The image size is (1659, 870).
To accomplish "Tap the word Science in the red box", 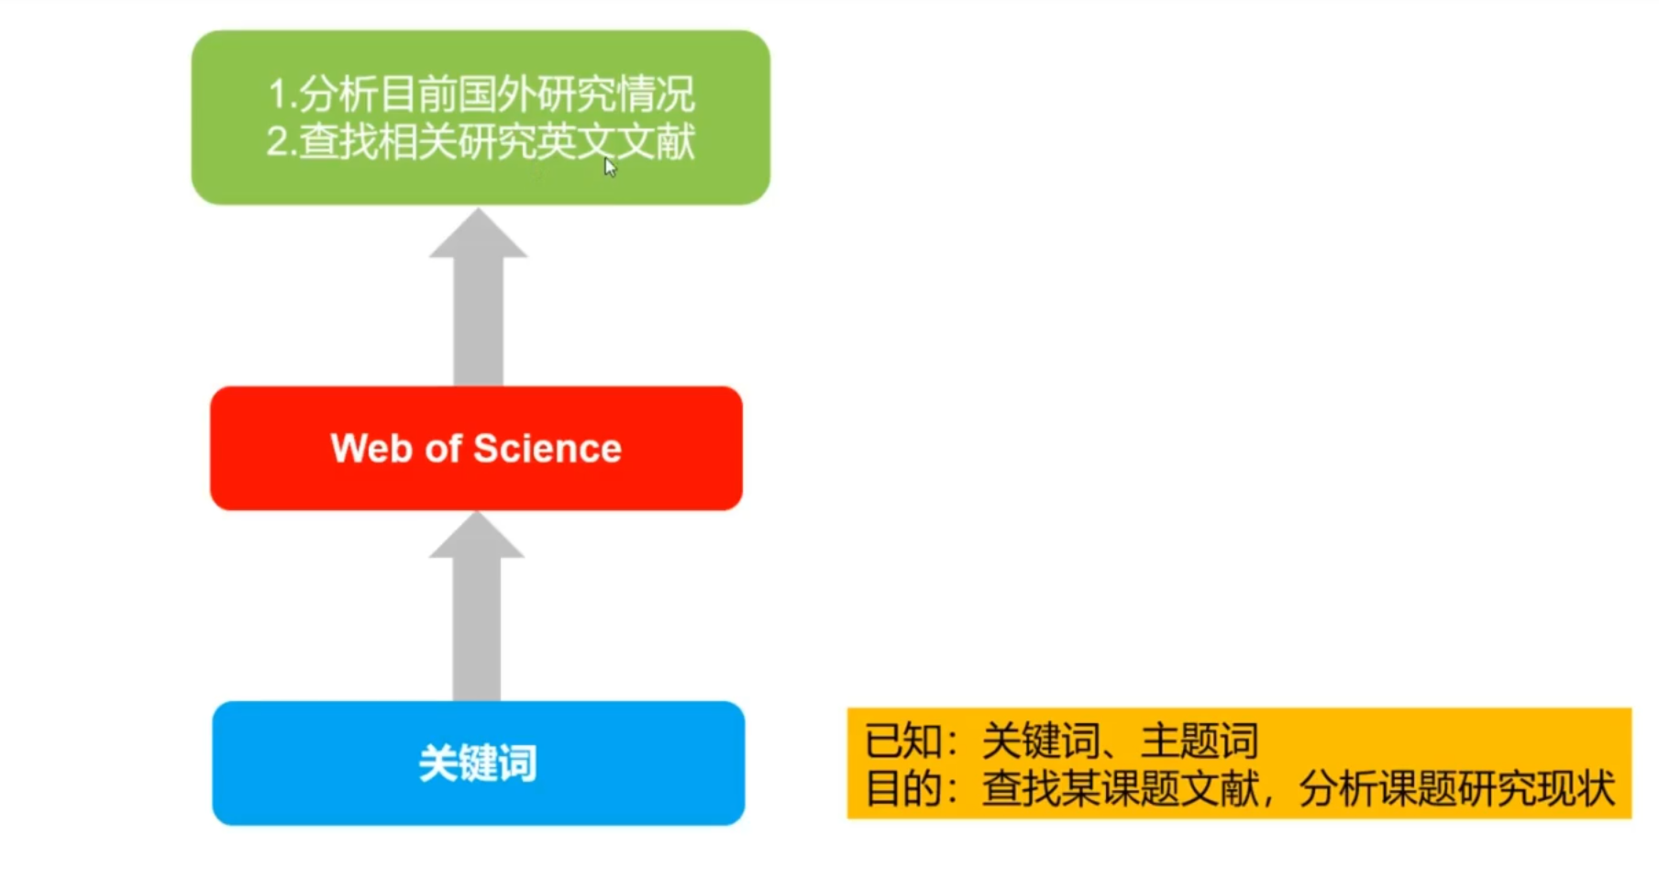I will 547,449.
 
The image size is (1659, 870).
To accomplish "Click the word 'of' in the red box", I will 443,449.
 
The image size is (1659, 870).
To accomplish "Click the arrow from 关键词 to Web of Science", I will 477,615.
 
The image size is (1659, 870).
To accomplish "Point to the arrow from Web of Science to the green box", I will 478,303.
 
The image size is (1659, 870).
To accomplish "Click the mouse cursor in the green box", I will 610,167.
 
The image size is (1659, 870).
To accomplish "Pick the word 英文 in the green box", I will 577,142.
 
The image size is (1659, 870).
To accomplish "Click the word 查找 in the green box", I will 337,142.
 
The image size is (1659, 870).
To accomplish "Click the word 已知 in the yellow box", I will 903,742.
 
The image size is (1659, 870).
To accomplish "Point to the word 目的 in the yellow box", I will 903,788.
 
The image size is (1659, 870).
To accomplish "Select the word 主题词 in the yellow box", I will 1200,742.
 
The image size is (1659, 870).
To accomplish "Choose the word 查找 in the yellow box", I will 1021,788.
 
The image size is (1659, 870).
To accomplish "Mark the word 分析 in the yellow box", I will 1337,788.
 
